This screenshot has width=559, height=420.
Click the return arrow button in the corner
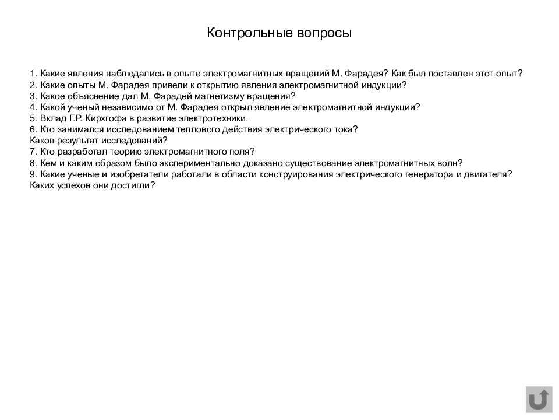point(539,400)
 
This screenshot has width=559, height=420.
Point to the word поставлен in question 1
point(431,74)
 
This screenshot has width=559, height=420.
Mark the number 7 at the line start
point(32,152)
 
